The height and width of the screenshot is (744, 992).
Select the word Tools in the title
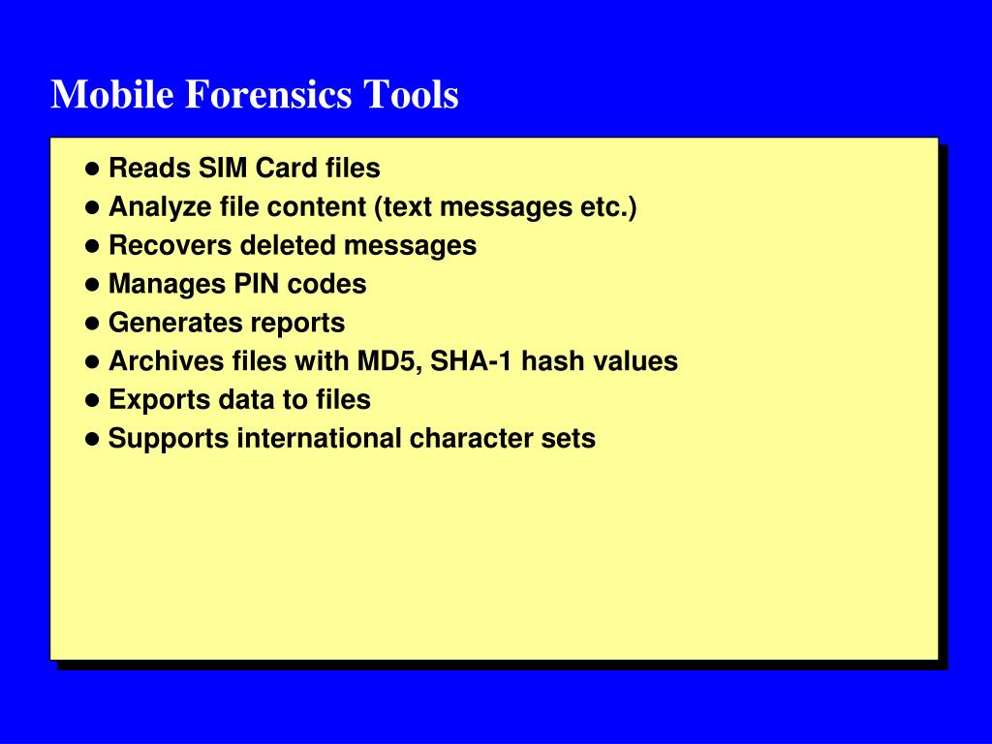tap(411, 95)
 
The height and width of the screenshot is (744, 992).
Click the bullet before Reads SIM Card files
tap(93, 169)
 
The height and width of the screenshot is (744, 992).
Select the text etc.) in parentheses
tap(609, 207)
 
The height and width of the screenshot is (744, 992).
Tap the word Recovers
tap(170, 245)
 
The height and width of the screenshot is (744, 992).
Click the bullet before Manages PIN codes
tap(93, 284)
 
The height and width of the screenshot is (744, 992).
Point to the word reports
tap(298, 323)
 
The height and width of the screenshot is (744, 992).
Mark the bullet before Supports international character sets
tap(93, 438)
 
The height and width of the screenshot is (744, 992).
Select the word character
tap(468, 438)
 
